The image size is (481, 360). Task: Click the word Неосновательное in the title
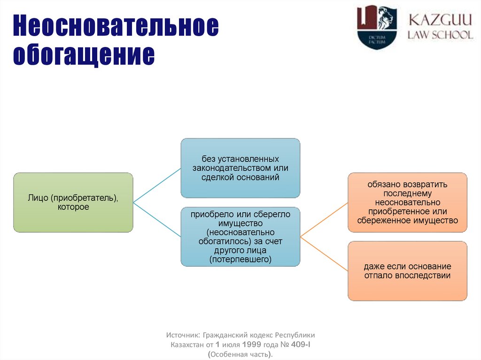116,27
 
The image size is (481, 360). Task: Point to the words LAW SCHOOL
440,35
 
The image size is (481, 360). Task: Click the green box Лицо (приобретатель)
73,202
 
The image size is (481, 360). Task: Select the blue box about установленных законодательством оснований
240,168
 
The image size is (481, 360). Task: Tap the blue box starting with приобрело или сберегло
240,237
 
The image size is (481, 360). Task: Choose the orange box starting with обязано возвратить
407,202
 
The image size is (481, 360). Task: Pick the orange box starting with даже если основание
407,271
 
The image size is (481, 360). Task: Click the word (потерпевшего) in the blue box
240,259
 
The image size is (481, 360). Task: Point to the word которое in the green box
73,207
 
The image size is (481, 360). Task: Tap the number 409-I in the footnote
300,344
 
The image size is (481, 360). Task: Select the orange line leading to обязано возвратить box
324,219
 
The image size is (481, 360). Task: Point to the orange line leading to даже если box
324,253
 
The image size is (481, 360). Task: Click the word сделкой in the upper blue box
217,177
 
